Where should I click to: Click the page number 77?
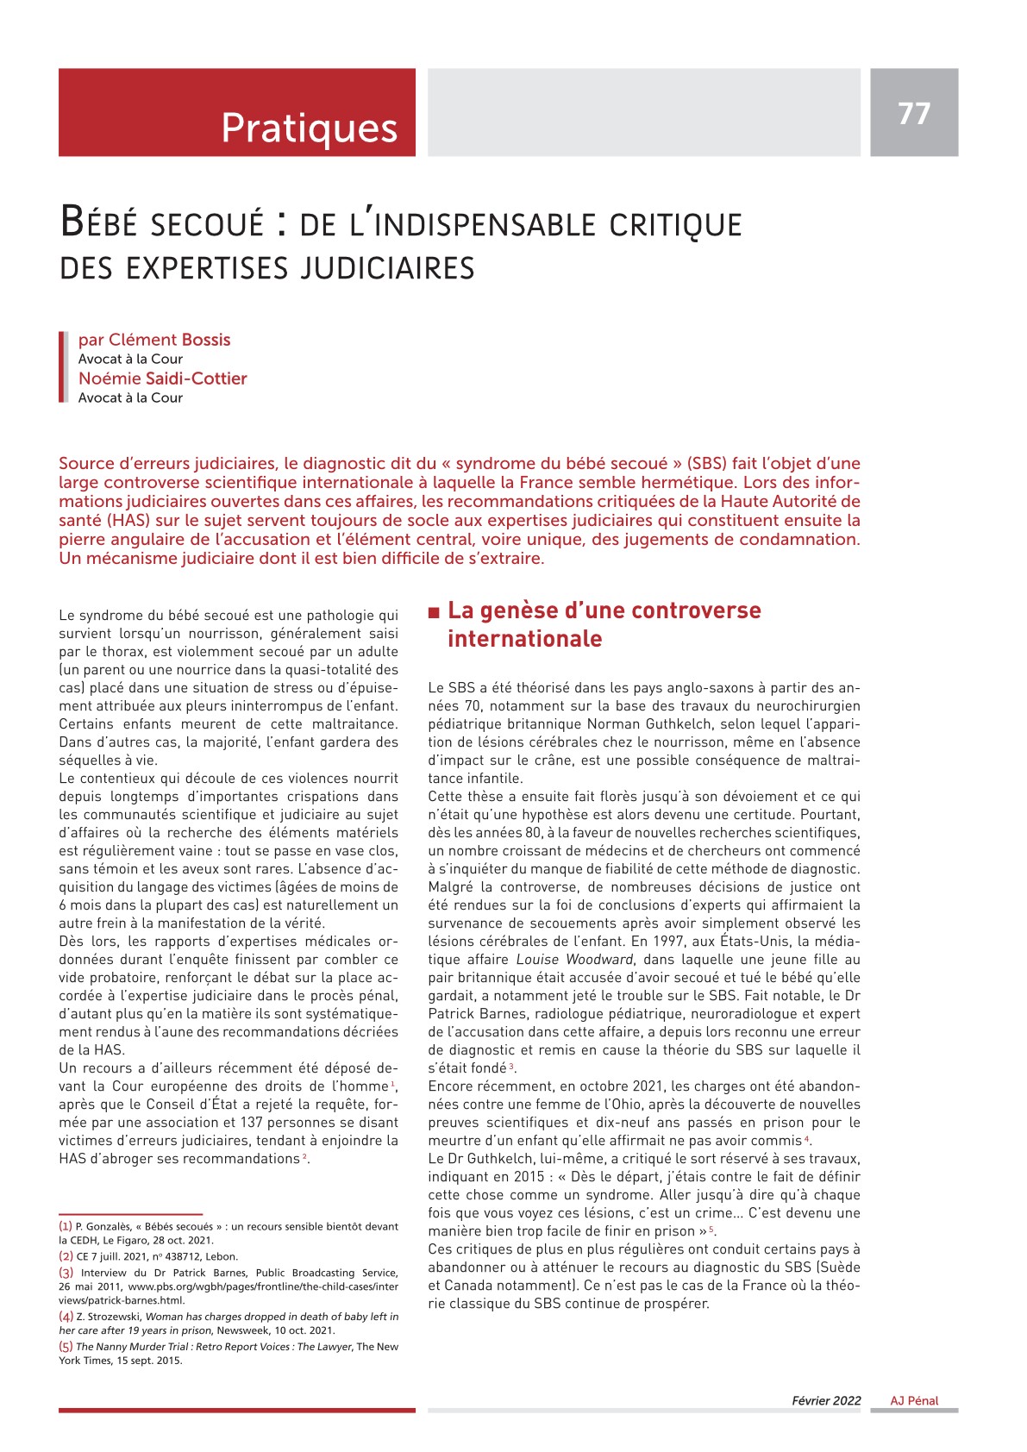point(914,113)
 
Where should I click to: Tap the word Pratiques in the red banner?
point(309,128)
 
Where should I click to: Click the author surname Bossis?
point(206,340)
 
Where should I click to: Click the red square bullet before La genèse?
point(434,612)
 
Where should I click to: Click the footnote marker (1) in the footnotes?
point(66,1226)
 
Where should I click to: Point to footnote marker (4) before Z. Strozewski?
point(66,1317)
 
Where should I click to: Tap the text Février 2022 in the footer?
point(826,1400)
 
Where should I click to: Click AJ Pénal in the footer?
point(914,1400)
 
